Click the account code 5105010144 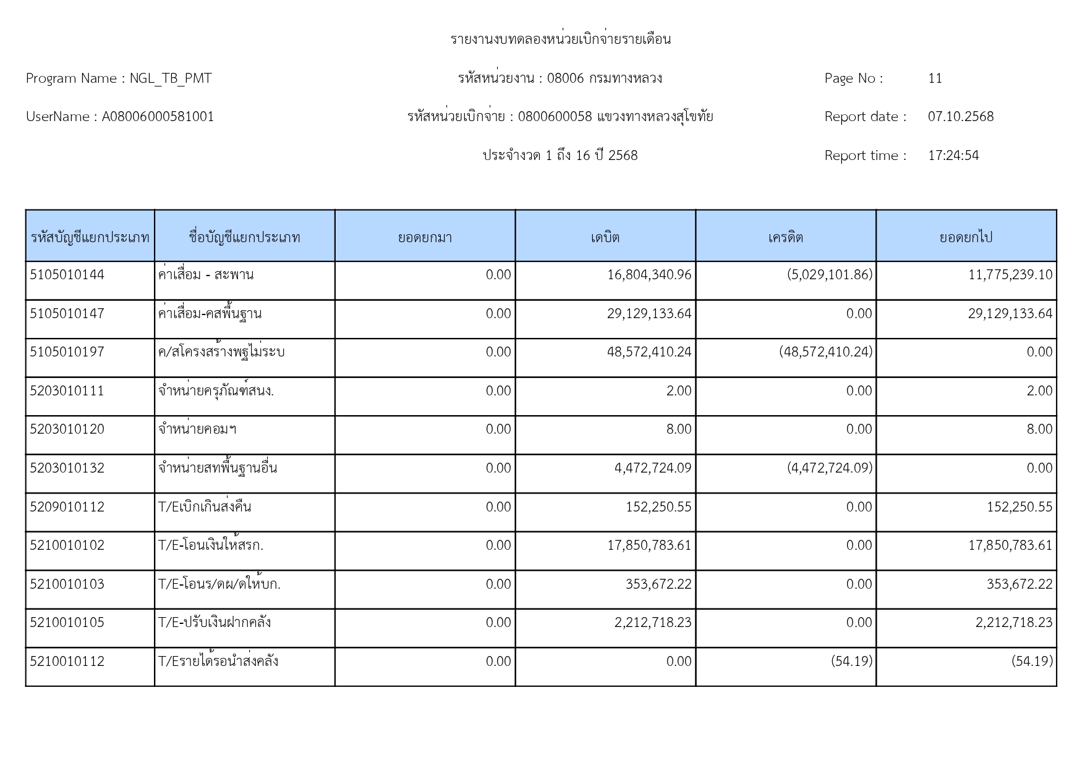pos(67,275)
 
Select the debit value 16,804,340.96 pos(649,275)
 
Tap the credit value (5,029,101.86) pos(830,275)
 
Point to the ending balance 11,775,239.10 pos(1010,275)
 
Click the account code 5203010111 pos(67,391)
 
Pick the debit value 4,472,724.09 pos(653,468)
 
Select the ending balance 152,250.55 pos(1019,507)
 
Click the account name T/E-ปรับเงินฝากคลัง pos(215,623)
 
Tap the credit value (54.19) pos(852,662)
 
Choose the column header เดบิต pos(605,237)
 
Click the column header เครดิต pos(786,237)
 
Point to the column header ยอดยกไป pos(966,237)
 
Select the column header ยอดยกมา pos(425,237)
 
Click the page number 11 pos(935,78)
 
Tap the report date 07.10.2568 pos(961,117)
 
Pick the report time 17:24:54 pos(953,156)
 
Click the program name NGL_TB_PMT pos(171,78)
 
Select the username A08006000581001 pos(158,117)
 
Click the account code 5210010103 pos(67,584)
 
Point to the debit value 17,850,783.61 pos(649,545)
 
